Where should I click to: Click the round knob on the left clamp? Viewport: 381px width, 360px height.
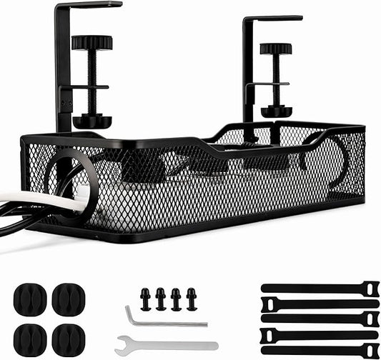point(91,44)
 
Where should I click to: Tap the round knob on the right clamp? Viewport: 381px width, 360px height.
point(275,49)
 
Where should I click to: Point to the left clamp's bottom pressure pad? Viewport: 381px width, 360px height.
point(91,120)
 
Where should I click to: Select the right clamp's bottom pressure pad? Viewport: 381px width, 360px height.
point(275,112)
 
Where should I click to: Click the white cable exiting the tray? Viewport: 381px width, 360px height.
point(43,200)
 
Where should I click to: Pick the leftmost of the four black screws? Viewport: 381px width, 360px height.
point(145,299)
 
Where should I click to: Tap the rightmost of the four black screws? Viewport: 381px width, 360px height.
point(191,299)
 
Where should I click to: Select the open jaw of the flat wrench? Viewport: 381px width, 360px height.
point(126,342)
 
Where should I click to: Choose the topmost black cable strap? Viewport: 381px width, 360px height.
point(319,288)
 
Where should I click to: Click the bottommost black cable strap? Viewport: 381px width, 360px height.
point(319,350)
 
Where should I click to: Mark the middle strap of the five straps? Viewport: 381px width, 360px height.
point(319,319)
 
